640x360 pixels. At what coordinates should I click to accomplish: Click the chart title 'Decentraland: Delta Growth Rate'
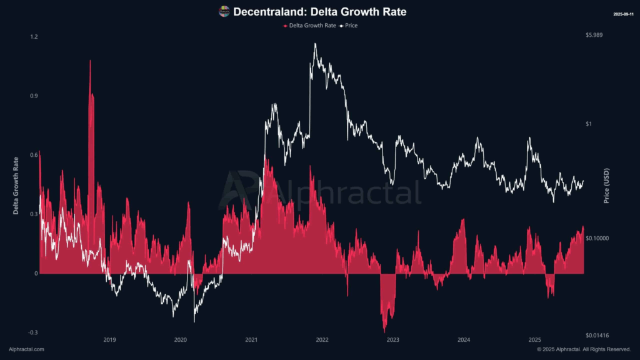(x=319, y=11)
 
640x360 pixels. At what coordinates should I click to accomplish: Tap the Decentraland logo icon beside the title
(x=224, y=11)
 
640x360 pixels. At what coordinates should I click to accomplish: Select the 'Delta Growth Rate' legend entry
(x=310, y=26)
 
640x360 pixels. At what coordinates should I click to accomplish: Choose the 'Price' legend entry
(x=349, y=26)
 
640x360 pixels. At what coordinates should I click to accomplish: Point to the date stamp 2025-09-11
(x=624, y=13)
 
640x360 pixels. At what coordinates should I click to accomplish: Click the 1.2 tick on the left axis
(x=34, y=37)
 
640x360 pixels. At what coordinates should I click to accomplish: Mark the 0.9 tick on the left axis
(x=34, y=96)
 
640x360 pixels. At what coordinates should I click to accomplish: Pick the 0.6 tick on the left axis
(x=34, y=155)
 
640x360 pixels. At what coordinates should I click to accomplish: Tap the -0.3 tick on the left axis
(x=33, y=332)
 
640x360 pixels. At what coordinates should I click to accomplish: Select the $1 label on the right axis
(x=589, y=124)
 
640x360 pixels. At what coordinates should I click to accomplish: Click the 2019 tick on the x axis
(x=109, y=340)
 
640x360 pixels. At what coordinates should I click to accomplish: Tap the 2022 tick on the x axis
(x=322, y=340)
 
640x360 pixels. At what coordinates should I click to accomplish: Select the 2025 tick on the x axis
(x=534, y=340)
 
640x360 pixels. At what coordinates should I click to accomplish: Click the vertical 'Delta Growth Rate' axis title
(x=17, y=185)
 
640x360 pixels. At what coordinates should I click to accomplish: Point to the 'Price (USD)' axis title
(x=606, y=185)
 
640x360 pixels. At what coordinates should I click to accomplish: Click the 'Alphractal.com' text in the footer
(x=26, y=349)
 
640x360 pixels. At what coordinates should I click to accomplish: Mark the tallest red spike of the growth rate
(x=90, y=61)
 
